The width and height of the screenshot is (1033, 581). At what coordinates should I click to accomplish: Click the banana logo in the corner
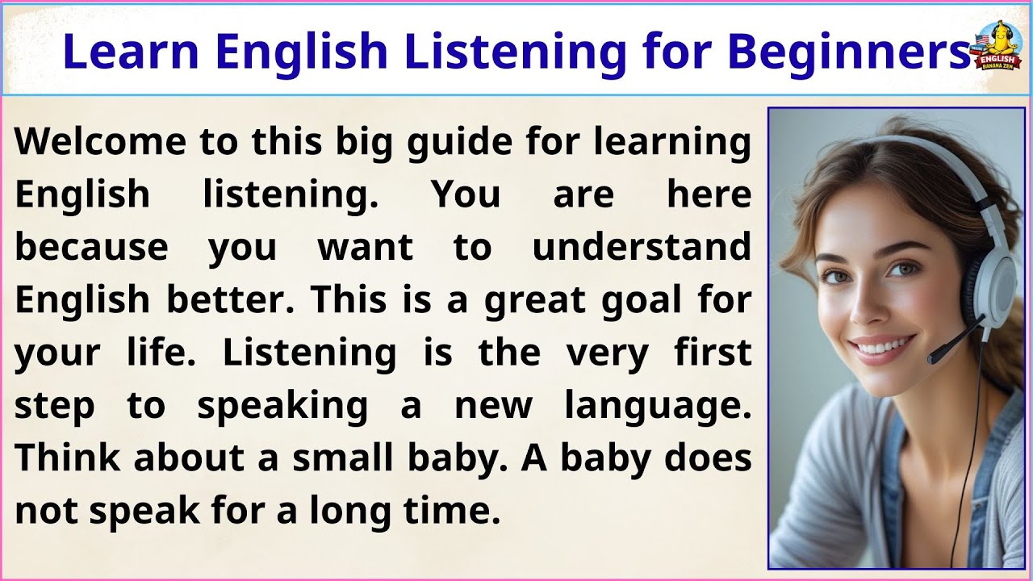click(998, 46)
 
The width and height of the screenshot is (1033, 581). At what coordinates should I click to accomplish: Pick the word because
click(91, 247)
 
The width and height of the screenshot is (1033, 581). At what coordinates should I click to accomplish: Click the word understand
click(642, 247)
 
